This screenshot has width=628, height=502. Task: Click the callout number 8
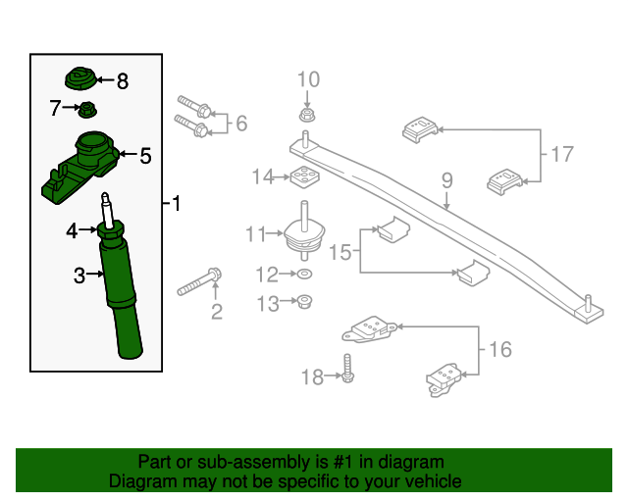(x=123, y=81)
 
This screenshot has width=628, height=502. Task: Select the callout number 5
(x=145, y=155)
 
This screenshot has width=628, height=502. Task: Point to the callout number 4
(x=72, y=231)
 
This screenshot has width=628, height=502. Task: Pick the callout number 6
(x=240, y=124)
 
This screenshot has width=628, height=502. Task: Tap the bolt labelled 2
(x=200, y=285)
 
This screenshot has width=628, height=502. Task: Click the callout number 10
(x=307, y=79)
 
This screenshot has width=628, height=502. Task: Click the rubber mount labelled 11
(x=304, y=235)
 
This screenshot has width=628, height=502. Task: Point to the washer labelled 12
(x=305, y=274)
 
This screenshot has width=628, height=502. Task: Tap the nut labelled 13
(x=305, y=302)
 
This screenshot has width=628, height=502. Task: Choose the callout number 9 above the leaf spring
(x=446, y=180)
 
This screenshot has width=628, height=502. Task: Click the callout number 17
(x=561, y=154)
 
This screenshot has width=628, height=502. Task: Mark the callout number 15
(x=340, y=252)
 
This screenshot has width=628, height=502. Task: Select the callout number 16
(x=499, y=348)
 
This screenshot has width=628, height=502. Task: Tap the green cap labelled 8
(x=80, y=78)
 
